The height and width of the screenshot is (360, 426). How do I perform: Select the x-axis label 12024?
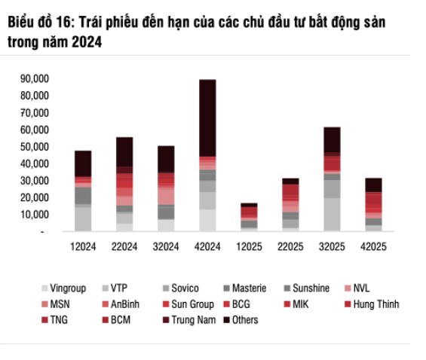(x=83, y=246)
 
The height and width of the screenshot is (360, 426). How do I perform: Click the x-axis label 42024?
(x=207, y=246)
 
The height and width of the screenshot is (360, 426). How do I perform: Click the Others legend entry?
(x=244, y=320)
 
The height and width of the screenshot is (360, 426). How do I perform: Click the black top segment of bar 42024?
(x=207, y=117)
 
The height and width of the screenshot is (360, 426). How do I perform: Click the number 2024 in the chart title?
(x=85, y=44)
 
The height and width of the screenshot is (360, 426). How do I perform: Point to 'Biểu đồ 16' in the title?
(x=37, y=23)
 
